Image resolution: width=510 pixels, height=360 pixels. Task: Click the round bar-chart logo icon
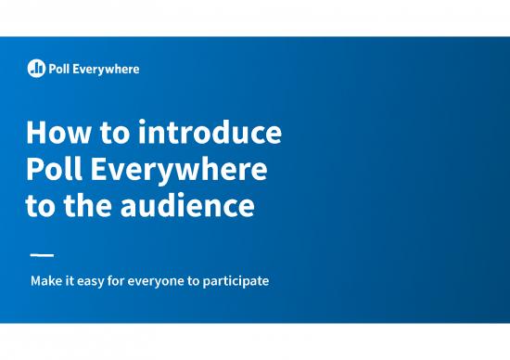(x=36, y=68)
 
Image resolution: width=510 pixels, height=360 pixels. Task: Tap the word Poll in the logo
(x=59, y=68)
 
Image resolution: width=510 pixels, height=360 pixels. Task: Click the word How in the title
(x=56, y=134)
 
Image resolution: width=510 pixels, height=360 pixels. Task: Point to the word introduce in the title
(x=210, y=134)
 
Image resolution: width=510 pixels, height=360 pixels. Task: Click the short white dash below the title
(x=42, y=254)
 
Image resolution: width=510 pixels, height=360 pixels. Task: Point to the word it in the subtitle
(x=70, y=279)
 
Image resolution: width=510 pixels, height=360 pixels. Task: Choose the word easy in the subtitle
(x=95, y=279)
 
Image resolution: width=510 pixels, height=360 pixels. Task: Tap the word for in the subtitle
(x=124, y=279)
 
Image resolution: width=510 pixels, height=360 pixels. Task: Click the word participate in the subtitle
(x=238, y=279)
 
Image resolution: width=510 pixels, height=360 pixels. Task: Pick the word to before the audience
(x=41, y=206)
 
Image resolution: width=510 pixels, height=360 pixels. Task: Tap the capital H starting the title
(x=36, y=134)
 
